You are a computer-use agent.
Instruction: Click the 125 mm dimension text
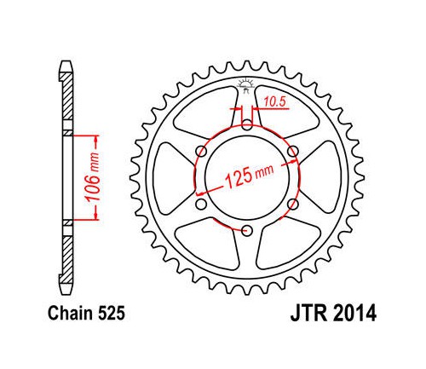click(x=249, y=176)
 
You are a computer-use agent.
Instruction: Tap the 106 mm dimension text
click(x=93, y=177)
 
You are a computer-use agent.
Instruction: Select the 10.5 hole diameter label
click(x=274, y=102)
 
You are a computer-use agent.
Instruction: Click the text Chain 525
click(x=86, y=314)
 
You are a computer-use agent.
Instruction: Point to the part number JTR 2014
click(x=333, y=313)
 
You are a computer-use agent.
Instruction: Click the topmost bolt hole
click(x=248, y=124)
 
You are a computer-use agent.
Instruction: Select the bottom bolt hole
click(x=247, y=230)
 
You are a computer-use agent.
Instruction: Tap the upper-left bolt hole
click(x=201, y=151)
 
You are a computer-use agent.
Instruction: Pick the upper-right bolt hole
click(x=293, y=151)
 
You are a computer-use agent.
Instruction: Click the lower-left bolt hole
click(x=201, y=204)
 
